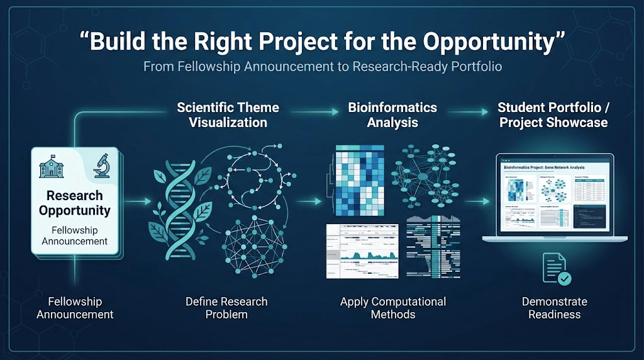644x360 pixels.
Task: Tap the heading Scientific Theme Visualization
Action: (x=228, y=115)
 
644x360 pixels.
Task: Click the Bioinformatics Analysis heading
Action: (x=392, y=115)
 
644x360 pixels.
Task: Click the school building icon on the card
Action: (x=52, y=168)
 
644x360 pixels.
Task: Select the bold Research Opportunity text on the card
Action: (x=75, y=203)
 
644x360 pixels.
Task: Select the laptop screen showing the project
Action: (x=554, y=196)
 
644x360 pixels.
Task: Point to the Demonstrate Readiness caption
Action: (x=554, y=308)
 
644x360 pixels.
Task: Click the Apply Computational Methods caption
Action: (x=392, y=308)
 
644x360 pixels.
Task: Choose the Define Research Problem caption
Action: (x=226, y=308)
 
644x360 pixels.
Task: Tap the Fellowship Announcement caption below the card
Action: (x=75, y=308)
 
